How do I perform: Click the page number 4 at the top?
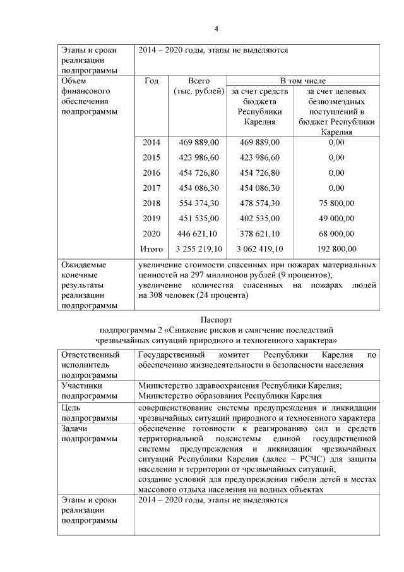[217, 28]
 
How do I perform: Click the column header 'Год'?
[151, 81]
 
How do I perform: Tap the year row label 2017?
[151, 188]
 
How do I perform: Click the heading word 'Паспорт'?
[217, 319]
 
